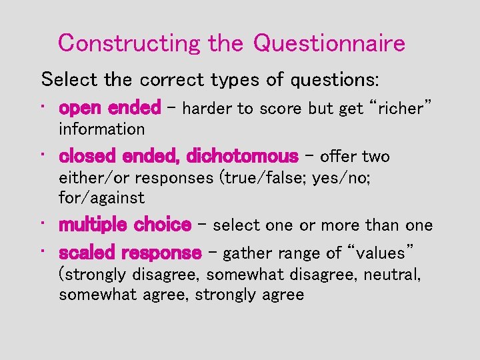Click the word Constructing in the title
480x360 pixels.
129,44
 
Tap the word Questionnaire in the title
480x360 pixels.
329,44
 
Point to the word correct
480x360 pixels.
173,80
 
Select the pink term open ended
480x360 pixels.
109,107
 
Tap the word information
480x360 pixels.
101,129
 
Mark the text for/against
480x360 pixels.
101,198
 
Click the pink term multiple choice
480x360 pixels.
125,225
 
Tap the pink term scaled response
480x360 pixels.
130,253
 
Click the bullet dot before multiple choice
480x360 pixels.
43,225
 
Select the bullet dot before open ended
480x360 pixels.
43,107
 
